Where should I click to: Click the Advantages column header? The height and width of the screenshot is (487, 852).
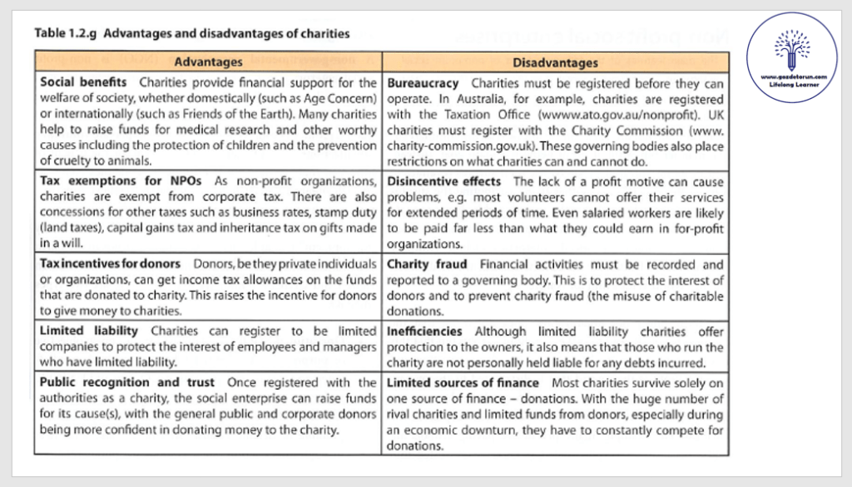pos(208,62)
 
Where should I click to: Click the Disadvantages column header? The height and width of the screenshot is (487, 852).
pos(556,62)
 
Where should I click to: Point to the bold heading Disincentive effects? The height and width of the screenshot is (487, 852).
pos(444,181)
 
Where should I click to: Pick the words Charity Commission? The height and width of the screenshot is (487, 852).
pos(644,130)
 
